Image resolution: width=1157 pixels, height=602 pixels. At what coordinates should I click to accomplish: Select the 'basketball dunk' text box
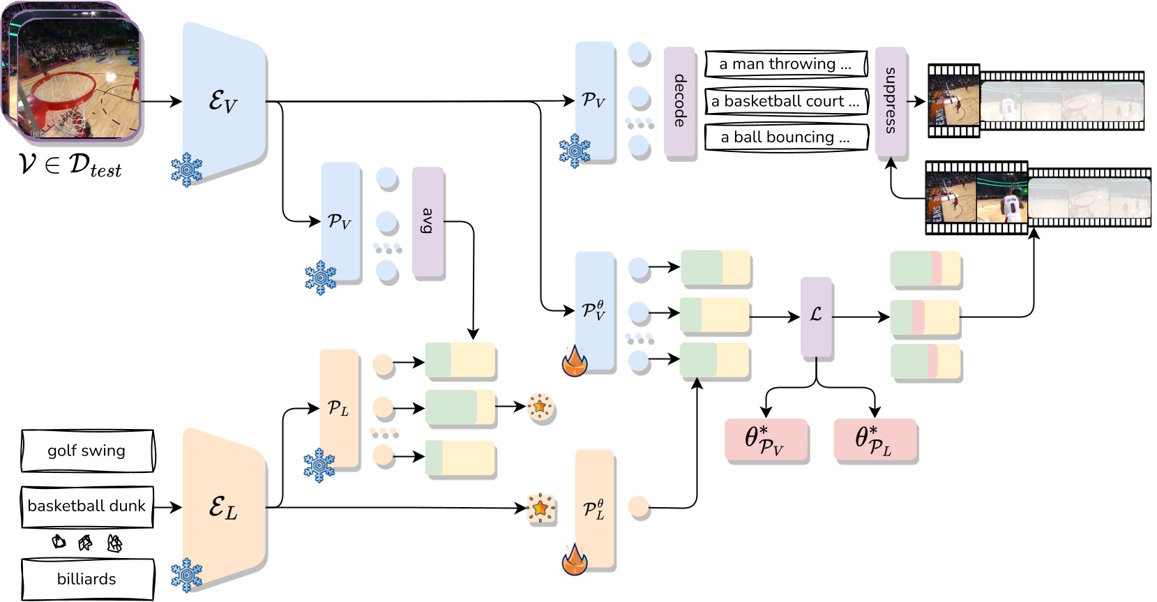(87, 506)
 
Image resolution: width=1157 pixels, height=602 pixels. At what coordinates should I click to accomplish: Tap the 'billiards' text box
(87, 579)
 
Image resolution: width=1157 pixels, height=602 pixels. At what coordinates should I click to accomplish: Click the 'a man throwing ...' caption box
(785, 64)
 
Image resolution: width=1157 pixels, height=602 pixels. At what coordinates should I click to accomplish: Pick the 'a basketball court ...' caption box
(785, 100)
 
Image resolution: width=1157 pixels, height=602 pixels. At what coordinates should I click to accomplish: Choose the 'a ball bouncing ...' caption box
(785, 137)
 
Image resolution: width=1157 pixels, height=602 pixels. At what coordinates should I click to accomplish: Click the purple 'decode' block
(679, 101)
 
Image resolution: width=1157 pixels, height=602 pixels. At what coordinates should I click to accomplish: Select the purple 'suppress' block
(891, 101)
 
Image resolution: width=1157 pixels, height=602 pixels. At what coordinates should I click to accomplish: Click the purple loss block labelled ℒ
(816, 316)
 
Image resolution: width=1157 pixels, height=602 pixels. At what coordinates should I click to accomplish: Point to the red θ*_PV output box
(766, 439)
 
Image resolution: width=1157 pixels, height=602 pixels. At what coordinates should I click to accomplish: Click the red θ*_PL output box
(875, 439)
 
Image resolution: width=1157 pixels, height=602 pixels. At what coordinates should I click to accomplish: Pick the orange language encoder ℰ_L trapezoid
(224, 507)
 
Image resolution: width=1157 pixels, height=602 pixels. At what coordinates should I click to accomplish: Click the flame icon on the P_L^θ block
(575, 559)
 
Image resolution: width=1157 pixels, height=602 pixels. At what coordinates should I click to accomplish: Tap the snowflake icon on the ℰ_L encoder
(186, 575)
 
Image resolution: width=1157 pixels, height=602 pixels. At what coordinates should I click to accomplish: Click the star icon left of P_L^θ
(540, 509)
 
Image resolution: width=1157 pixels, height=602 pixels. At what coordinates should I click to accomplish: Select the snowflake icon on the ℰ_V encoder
(186, 170)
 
